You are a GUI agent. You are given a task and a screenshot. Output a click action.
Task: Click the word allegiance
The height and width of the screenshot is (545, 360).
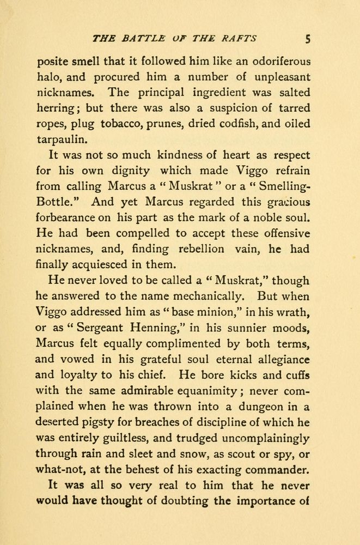point(280,360)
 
